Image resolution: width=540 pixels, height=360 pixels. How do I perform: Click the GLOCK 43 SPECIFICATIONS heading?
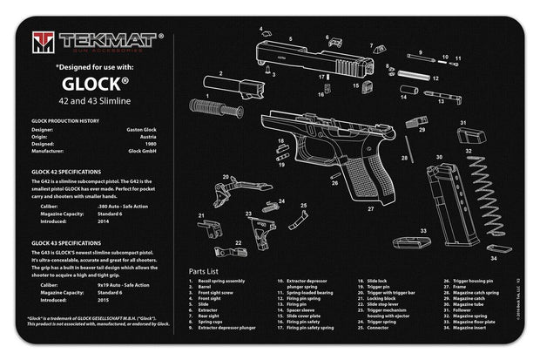[66, 241]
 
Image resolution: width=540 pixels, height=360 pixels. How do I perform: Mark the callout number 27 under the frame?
[371, 209]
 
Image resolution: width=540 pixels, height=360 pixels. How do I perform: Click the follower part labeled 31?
[471, 136]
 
